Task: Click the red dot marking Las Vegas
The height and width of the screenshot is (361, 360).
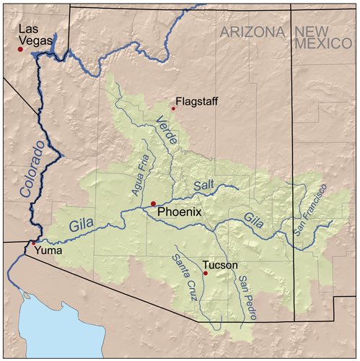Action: point(20,49)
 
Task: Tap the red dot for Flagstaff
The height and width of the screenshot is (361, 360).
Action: point(173,109)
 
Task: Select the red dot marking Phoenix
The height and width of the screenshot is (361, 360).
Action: point(153,204)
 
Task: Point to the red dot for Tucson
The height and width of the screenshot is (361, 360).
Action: point(205,273)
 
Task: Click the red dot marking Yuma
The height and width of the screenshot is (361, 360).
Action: point(30,243)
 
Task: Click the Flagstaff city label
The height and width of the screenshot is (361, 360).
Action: point(196,101)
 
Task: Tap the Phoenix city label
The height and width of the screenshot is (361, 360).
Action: point(179,212)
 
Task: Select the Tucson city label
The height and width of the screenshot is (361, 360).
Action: point(220,265)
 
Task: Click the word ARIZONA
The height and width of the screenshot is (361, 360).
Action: point(253,31)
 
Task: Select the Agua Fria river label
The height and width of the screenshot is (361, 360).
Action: point(141,176)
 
